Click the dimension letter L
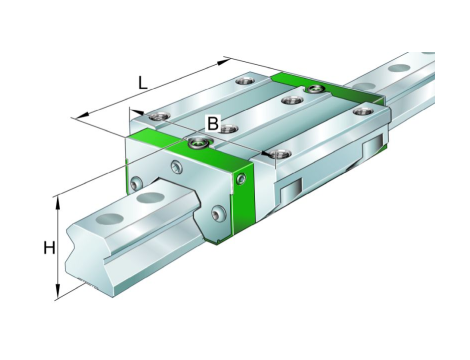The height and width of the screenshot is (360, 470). tap(143, 83)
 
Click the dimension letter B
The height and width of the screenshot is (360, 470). tap(213, 123)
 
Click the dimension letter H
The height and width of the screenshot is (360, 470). tap(49, 248)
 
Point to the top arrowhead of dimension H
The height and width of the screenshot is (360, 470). tap(58, 203)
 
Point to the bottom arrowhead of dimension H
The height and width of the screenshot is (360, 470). tap(58, 291)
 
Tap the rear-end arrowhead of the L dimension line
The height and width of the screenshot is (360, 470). tap(224, 61)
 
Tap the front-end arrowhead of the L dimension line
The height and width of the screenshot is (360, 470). tap(83, 114)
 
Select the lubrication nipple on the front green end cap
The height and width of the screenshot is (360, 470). tap(198, 142)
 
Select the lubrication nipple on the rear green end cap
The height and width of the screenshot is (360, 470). tap(314, 88)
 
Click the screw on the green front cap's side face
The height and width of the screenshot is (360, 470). tap(241, 178)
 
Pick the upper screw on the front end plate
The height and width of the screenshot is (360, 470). tap(177, 167)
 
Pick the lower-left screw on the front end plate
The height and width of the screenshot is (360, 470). tap(136, 183)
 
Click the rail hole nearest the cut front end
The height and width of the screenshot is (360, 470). tap(110, 219)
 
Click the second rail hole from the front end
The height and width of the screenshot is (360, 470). tap(149, 198)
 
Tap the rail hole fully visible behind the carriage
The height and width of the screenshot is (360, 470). tap(399, 68)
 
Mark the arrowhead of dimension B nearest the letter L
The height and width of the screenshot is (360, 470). tap(137, 112)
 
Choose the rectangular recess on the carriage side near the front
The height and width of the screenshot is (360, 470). tap(291, 192)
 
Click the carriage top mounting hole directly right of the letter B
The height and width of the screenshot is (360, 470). tap(228, 128)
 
